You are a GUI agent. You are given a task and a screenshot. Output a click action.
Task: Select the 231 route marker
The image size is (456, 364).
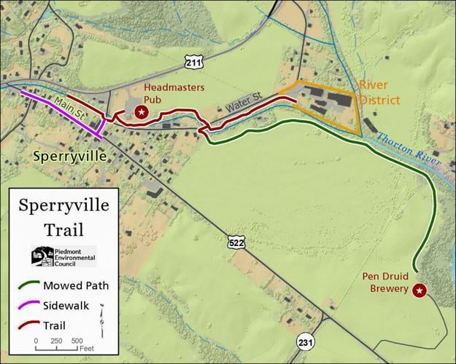[305, 341]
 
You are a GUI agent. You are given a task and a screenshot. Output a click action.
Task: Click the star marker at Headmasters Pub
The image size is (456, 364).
[142, 111]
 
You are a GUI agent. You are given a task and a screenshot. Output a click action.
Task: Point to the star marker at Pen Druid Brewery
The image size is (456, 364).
[419, 290]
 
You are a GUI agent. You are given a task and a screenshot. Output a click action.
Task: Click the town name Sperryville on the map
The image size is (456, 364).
[70, 157]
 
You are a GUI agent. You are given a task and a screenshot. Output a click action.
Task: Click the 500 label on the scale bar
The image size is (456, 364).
[77, 341]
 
